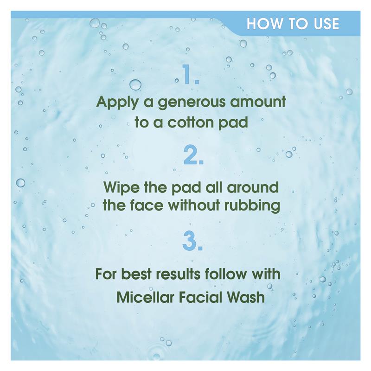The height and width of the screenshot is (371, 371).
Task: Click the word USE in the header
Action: click(x=326, y=24)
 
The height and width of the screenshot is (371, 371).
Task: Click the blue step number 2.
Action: click(x=193, y=155)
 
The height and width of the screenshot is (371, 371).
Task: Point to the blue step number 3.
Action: click(x=192, y=241)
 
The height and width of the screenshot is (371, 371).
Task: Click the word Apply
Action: click(x=117, y=102)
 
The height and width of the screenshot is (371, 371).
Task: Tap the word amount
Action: click(x=258, y=102)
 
